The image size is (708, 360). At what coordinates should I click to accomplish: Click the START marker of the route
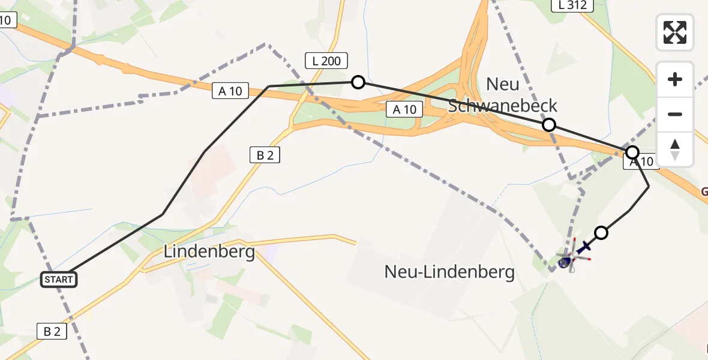[59, 279]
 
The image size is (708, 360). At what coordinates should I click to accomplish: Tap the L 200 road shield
[326, 61]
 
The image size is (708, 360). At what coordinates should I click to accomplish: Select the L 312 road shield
[572, 5]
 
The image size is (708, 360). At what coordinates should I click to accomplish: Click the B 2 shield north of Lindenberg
[265, 155]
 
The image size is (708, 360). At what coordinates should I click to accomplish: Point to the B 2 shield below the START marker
[52, 331]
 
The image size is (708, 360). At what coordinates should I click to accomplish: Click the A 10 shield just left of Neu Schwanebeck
[404, 110]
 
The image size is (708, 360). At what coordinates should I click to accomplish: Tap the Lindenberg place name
[209, 251]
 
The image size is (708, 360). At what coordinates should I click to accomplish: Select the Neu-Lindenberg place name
[449, 272]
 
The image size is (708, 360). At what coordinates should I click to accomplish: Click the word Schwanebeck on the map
[503, 106]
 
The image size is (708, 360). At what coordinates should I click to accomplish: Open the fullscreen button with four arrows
[675, 32]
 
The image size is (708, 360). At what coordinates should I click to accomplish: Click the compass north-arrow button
[675, 149]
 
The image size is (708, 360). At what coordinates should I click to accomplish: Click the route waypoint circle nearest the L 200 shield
[358, 82]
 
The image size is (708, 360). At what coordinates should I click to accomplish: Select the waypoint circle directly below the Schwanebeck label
[548, 125]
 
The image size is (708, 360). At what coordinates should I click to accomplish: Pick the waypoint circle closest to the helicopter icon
[601, 233]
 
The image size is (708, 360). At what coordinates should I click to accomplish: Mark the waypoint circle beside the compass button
[632, 152]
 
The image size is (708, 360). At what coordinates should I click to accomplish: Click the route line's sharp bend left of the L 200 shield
[268, 86]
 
